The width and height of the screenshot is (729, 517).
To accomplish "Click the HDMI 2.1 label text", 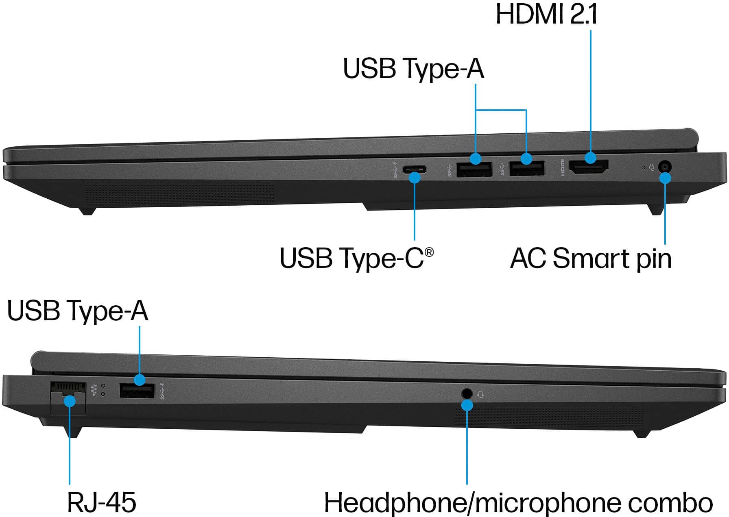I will point(546,15).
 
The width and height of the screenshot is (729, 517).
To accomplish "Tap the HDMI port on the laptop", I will point(589,167).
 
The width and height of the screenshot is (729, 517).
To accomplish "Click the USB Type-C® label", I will point(356,258).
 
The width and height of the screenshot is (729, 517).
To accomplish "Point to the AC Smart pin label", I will point(591,258).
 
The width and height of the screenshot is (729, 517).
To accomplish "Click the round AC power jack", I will point(664,167).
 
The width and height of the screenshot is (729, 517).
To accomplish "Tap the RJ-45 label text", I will point(102,502).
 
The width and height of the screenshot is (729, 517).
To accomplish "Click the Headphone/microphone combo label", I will point(518,503).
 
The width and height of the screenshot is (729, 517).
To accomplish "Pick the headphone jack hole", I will point(467,393).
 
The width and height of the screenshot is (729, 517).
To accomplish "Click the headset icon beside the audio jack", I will point(481,394).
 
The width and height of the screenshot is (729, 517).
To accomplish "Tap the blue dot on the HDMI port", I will point(590,158).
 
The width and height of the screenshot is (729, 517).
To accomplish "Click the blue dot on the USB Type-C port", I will point(415,178).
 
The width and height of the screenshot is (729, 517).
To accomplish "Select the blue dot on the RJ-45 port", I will point(70,401).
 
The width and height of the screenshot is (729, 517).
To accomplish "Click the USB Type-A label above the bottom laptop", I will point(77,311).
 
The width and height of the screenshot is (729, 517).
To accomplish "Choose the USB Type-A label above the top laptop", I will point(413,68).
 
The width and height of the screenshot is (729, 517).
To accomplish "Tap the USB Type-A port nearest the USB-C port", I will point(474,169).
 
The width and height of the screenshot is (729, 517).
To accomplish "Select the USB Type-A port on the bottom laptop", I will point(137,391).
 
